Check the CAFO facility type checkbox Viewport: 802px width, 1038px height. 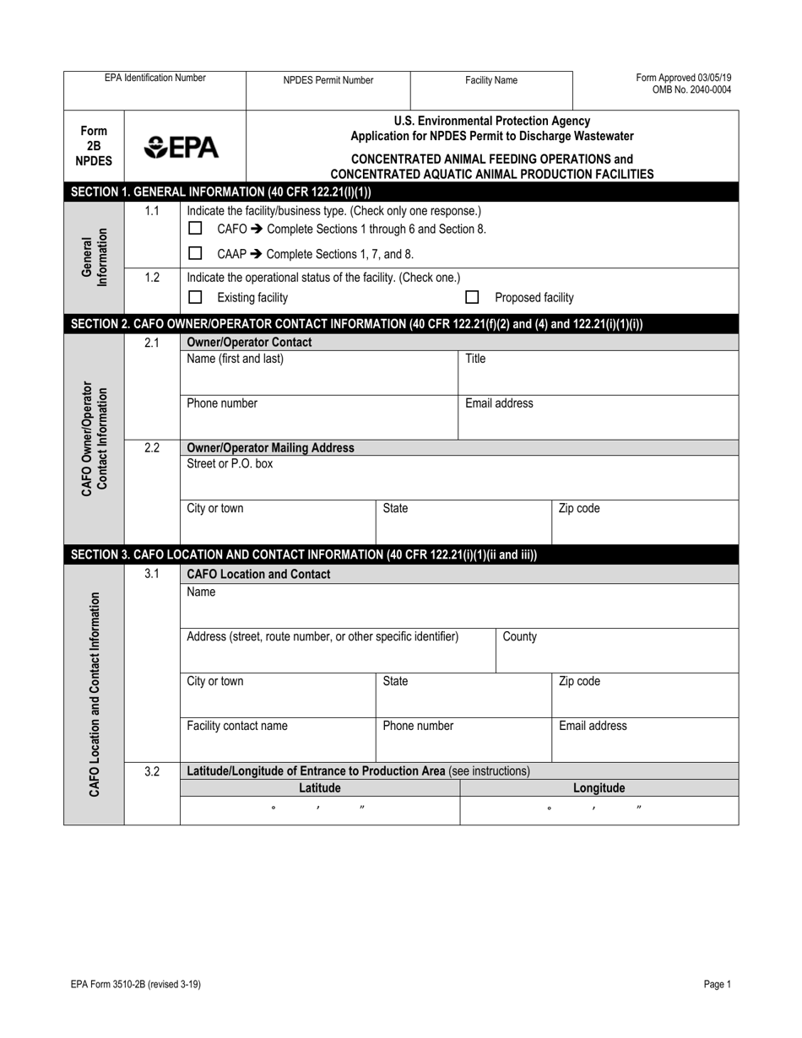coord(195,229)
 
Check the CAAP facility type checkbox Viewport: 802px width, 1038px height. coord(195,253)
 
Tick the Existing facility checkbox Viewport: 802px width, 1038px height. coord(195,297)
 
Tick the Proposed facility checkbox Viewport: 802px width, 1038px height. coord(473,297)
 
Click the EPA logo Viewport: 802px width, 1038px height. coord(181,149)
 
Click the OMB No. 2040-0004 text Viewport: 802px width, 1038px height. coord(691,90)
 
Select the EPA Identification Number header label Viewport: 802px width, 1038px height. coord(154,78)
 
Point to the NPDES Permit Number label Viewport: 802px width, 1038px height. coord(328,81)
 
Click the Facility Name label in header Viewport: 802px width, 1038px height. coord(491,81)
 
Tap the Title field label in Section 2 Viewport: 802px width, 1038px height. coord(475,359)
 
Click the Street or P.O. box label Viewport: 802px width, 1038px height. coord(230,463)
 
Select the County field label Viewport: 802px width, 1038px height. coord(519,636)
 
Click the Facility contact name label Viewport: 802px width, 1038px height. coord(236,726)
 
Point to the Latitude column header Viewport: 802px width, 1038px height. coord(320,788)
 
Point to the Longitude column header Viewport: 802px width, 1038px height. coord(599,788)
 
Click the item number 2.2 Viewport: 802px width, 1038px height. coord(152,448)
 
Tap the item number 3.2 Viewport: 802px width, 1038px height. coord(152,770)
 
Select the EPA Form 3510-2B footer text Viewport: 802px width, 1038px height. coord(136,984)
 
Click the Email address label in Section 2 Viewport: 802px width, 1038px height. coord(499,403)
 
